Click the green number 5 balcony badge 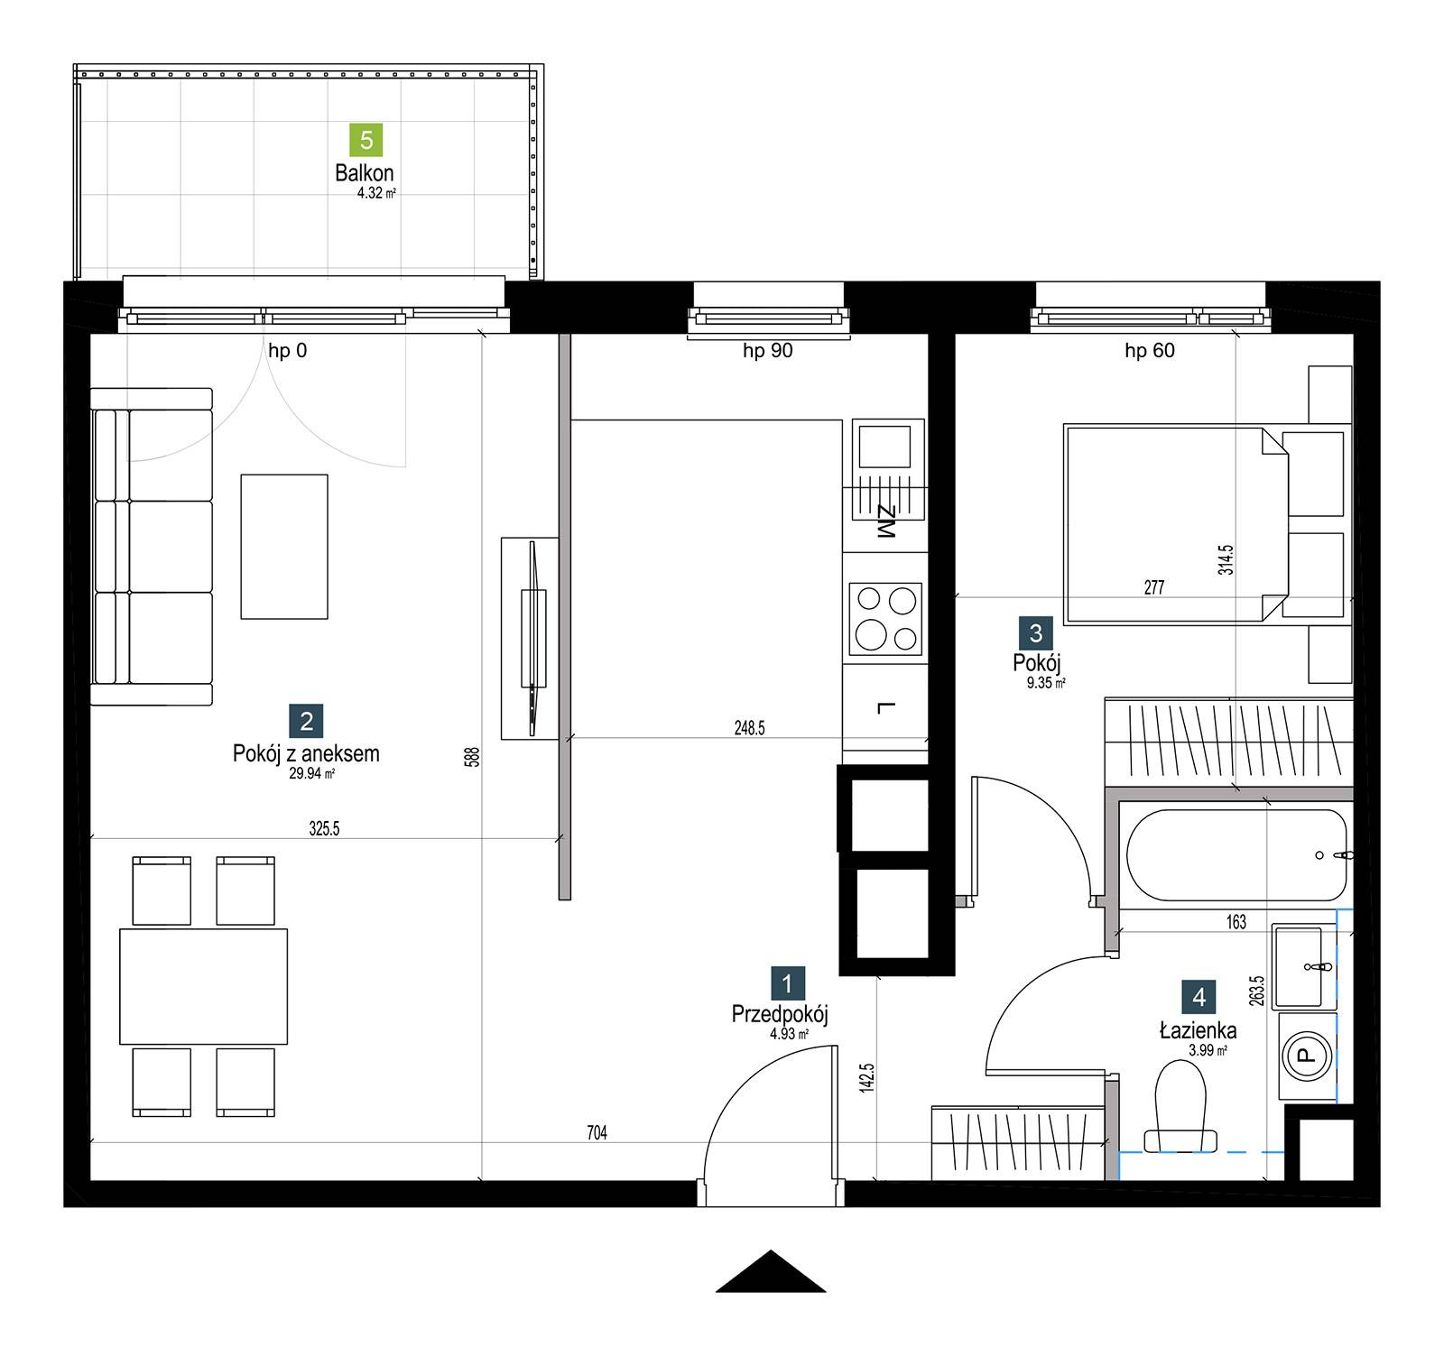point(366,140)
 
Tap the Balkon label point(365,172)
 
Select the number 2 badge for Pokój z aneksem point(306,721)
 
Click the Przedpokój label point(780,1014)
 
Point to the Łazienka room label point(1199,1029)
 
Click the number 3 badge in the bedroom point(1035,633)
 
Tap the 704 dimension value point(597,1133)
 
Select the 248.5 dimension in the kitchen point(749,728)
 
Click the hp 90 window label point(768,350)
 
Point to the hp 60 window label point(1150,350)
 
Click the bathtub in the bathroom point(1236,854)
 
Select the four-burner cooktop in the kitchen point(885,619)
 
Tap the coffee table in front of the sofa point(284,547)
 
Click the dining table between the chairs point(204,986)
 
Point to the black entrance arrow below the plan point(771,1271)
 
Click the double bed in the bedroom point(1177,525)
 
